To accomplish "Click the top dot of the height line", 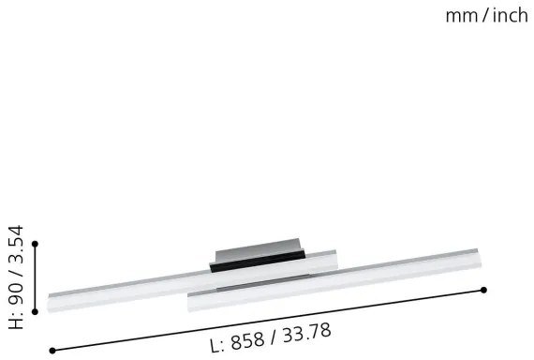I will [36, 244].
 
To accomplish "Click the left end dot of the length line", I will [52, 350].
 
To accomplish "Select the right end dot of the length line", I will [483, 290].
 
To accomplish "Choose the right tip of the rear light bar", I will [334, 254].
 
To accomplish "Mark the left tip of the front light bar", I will [191, 301].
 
